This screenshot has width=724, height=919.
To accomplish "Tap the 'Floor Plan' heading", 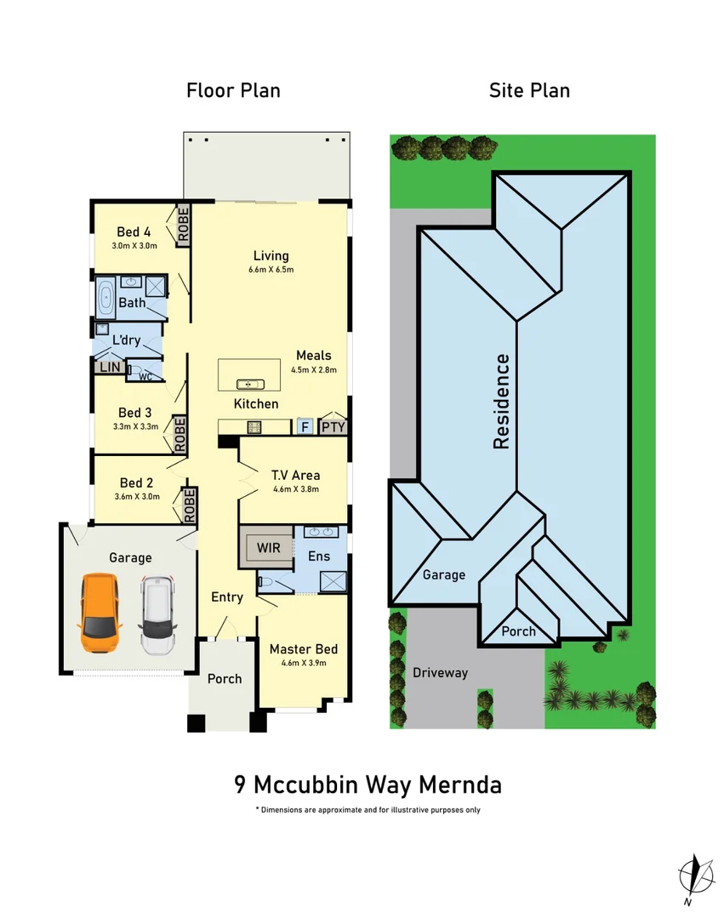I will tap(233, 90).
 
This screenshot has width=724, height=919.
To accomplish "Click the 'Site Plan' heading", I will tap(529, 90).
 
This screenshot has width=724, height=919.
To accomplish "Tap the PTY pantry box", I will tap(333, 426).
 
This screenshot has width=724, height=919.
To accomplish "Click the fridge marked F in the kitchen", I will tap(305, 426).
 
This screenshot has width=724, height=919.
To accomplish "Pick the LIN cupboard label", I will tap(109, 368).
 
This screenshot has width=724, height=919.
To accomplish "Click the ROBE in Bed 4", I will tap(182, 225).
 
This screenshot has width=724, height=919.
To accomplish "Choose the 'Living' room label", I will tap(271, 255).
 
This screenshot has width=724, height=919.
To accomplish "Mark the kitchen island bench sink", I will tap(249, 383).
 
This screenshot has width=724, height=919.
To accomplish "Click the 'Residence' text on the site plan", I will tap(502, 402).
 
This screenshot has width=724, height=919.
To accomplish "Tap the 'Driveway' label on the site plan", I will tap(440, 672).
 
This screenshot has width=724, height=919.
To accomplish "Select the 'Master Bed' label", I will tap(298, 648).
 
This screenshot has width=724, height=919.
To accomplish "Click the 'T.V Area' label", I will tap(295, 475).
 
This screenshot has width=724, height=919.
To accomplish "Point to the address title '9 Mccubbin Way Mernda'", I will tap(368, 783).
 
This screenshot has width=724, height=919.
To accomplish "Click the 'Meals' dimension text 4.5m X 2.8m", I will tap(314, 370).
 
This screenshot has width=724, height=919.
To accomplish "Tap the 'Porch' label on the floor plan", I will tap(225, 678).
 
